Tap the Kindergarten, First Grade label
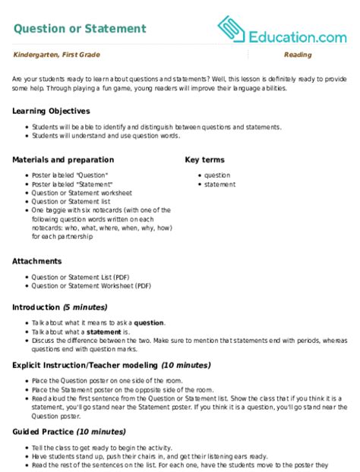[x=56, y=55]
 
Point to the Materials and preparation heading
[x=64, y=160]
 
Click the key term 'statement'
[x=219, y=184]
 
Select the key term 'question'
[x=218, y=175]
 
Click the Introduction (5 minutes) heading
[x=60, y=307]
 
